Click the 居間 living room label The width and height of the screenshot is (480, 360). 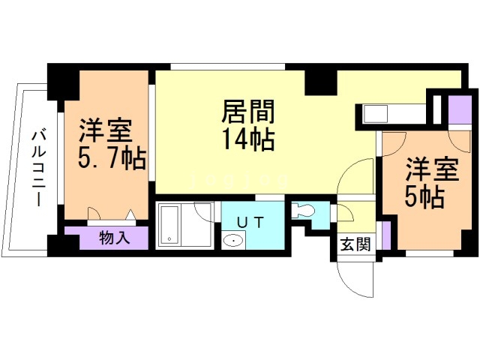point(248,112)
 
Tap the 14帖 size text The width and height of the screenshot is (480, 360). point(248,139)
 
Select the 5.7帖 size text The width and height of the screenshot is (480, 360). point(112,158)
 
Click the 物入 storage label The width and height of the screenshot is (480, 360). point(115,238)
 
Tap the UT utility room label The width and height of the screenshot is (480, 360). point(250,222)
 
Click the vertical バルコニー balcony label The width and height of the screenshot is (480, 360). point(39,168)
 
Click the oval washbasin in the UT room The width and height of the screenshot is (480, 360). point(234,240)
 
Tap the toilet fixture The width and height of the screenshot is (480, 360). point(302,211)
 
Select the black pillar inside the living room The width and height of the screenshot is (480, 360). point(320,82)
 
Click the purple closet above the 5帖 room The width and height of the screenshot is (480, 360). point(460,110)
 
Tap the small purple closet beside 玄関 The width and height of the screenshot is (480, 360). point(386,235)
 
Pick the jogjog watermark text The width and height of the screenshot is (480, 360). point(240,180)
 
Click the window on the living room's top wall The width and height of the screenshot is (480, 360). point(228,67)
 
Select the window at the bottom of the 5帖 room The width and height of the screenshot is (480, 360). point(430,253)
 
